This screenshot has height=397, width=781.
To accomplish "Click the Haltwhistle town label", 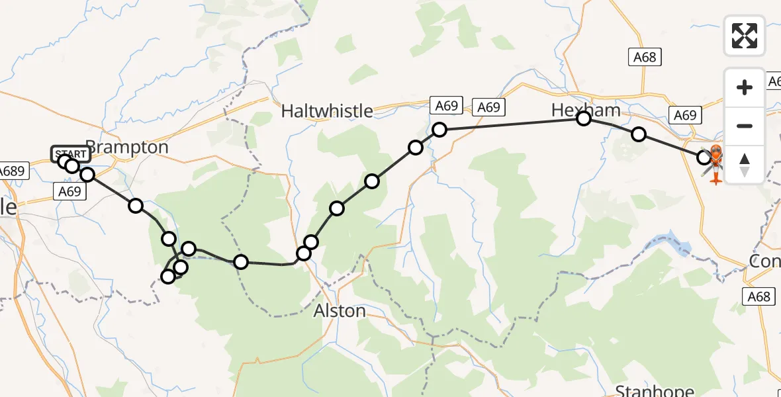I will tap(327, 111).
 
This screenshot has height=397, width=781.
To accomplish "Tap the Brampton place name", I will tap(127, 147).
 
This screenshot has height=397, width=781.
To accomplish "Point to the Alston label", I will tap(339, 310).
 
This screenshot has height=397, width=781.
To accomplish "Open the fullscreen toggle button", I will tap(745, 36).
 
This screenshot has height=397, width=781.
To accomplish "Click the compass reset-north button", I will tap(745, 165).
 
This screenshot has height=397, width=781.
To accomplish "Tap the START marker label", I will tap(71, 154).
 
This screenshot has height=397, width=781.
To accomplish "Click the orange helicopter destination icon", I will tap(715, 164).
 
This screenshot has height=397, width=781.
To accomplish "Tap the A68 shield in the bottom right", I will tap(758, 296).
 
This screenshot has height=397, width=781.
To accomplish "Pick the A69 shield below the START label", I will tap(68, 192).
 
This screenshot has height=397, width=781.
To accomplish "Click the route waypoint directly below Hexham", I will tap(584, 118).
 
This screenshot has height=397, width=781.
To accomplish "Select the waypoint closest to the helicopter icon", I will tap(704, 157).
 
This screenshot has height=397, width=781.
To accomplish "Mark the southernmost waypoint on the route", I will tap(168, 277).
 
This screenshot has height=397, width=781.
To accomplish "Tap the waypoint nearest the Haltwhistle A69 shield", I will tap(439, 130).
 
